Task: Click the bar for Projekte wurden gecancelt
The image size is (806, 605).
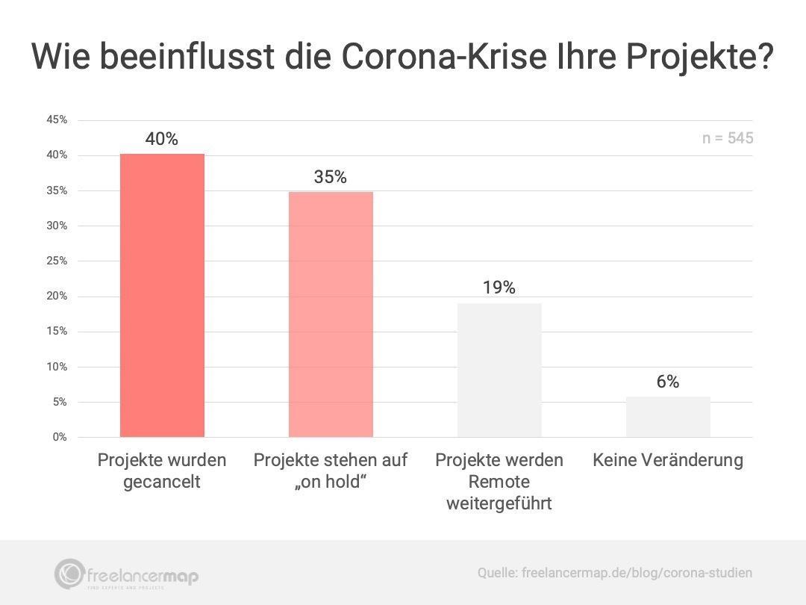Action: pyautogui.click(x=162, y=295)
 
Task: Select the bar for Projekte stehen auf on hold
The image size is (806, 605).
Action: pyautogui.click(x=331, y=314)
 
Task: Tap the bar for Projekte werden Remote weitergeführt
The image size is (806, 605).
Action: pyautogui.click(x=499, y=370)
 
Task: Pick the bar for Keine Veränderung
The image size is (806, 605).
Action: pyautogui.click(x=668, y=417)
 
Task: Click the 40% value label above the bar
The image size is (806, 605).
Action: pyautogui.click(x=162, y=139)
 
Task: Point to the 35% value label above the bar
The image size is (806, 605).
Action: pyautogui.click(x=331, y=177)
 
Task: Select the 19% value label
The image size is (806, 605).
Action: pyautogui.click(x=499, y=288)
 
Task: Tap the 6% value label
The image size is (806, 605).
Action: pyautogui.click(x=668, y=382)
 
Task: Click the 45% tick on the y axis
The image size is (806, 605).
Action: pyautogui.click(x=57, y=120)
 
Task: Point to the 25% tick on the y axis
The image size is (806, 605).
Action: pyautogui.click(x=57, y=261)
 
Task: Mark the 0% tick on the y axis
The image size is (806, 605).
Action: pyautogui.click(x=60, y=437)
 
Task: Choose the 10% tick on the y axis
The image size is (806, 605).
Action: pyautogui.click(x=57, y=367)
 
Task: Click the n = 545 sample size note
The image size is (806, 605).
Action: pyautogui.click(x=728, y=138)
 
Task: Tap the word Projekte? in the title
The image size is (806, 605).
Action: pyautogui.click(x=699, y=58)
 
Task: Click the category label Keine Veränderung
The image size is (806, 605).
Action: pyautogui.click(x=668, y=460)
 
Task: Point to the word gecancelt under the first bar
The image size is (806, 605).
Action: pyautogui.click(x=162, y=483)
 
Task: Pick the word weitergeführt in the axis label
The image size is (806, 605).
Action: pyautogui.click(x=499, y=503)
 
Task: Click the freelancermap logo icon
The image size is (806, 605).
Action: pyautogui.click(x=69, y=574)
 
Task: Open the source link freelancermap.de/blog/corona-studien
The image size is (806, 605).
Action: pyautogui.click(x=637, y=573)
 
